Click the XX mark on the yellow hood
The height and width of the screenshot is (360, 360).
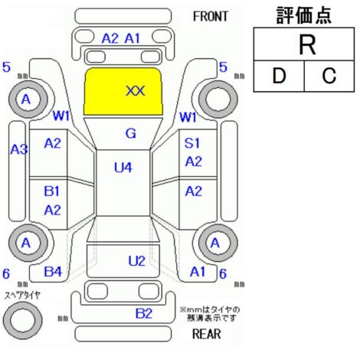click(x=136, y=91)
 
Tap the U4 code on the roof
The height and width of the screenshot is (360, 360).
click(x=123, y=168)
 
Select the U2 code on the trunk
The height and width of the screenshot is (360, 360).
click(x=136, y=261)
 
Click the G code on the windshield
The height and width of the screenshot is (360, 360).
click(x=131, y=133)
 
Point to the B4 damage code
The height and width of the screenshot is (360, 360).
click(x=53, y=272)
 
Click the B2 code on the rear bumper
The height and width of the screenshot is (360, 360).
click(x=144, y=313)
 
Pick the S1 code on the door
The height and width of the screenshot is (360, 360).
click(x=192, y=143)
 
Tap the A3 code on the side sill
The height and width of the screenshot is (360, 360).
click(x=19, y=149)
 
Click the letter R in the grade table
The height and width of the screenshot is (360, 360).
click(x=307, y=45)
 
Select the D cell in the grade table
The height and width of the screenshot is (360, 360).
click(x=279, y=76)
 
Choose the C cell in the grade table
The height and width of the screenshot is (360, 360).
click(x=329, y=76)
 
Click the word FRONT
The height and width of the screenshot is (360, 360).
click(x=210, y=17)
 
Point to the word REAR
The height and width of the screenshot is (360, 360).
click(x=206, y=334)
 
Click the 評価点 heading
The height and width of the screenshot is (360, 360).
click(x=304, y=15)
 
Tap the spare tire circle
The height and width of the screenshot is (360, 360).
click(x=22, y=320)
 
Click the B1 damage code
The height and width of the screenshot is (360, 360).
click(x=51, y=191)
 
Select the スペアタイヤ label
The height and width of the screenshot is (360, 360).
click(x=22, y=296)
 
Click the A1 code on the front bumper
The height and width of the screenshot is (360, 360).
click(x=133, y=39)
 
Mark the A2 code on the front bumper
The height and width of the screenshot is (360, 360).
click(x=110, y=39)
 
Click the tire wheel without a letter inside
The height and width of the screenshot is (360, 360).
click(x=218, y=100)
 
